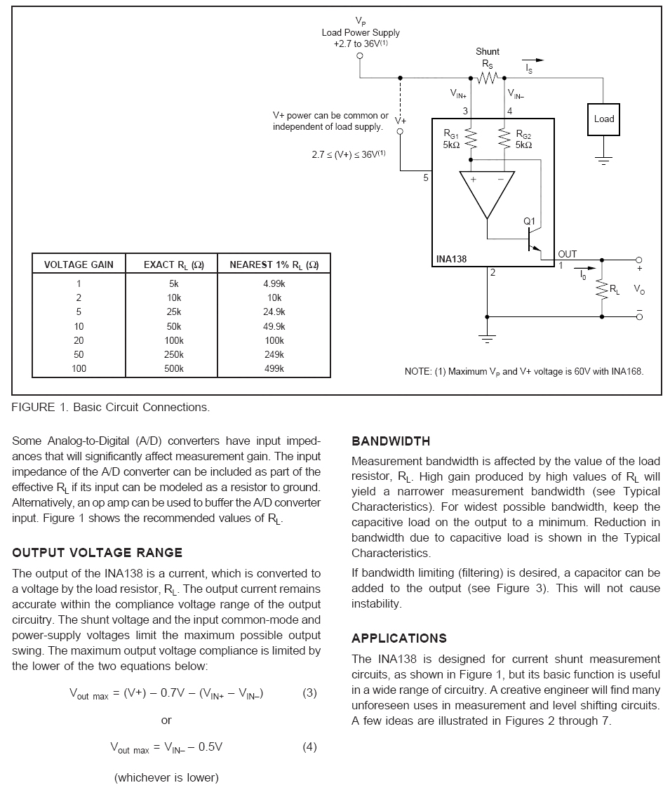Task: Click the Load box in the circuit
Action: point(603,119)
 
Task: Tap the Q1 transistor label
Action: point(529,222)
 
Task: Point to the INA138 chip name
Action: point(451,259)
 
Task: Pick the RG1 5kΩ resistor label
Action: point(450,139)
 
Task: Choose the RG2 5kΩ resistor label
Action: point(524,139)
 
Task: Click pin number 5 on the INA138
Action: point(425,178)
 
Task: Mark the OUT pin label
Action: point(567,254)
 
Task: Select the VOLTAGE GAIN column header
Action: point(79,264)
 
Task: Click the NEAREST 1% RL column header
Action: point(274,264)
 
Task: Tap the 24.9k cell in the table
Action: point(274,312)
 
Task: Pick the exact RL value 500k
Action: point(174,369)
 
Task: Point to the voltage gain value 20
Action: point(79,341)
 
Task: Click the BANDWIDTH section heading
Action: point(391,441)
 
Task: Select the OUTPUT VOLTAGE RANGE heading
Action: point(97,553)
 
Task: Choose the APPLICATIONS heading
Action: point(398,638)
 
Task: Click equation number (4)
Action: point(309,746)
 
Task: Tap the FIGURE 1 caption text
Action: point(110,408)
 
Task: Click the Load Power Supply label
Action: point(361,32)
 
